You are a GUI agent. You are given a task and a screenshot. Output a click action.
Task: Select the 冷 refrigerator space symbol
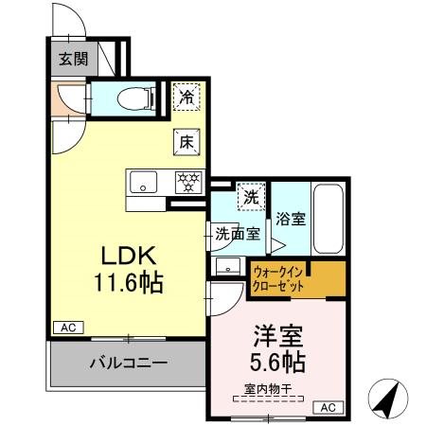(x=186, y=97)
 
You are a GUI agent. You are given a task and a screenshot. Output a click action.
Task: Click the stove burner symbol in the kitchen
(x=187, y=181)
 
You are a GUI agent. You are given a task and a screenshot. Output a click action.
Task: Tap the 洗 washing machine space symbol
(x=250, y=197)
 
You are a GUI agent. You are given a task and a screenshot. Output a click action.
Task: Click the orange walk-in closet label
(x=281, y=278)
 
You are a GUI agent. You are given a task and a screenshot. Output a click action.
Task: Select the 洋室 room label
(x=278, y=335)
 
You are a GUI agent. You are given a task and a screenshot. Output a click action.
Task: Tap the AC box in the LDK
(x=67, y=327)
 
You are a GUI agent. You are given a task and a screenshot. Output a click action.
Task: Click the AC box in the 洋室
(x=328, y=407)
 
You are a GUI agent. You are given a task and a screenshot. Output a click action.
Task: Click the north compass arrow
(x=386, y=398)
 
